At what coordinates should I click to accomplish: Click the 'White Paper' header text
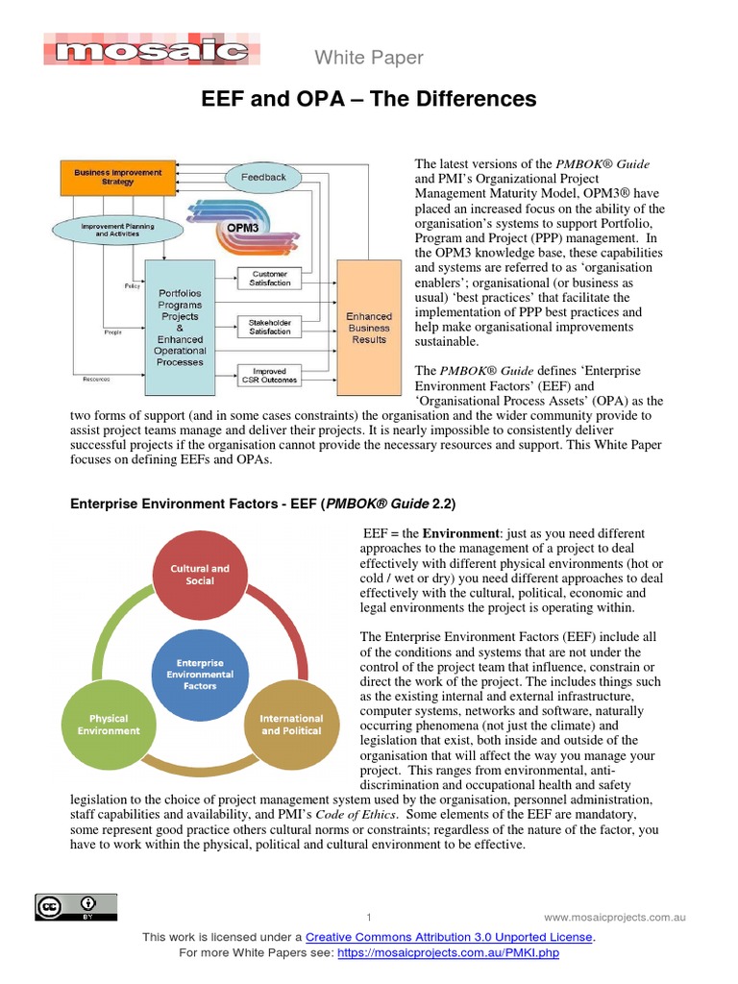click(x=369, y=59)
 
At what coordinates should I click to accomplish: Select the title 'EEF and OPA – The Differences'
click(x=368, y=100)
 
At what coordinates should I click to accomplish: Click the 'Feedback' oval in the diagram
click(x=263, y=177)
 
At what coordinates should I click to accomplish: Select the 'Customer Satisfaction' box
click(x=270, y=279)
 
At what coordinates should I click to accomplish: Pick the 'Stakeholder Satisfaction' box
click(x=270, y=327)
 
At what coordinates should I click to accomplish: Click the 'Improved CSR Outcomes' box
click(x=270, y=376)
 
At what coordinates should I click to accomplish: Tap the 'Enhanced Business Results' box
click(x=369, y=328)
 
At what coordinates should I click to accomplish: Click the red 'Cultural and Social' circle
click(x=200, y=575)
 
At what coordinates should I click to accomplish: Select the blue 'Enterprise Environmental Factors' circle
click(x=200, y=675)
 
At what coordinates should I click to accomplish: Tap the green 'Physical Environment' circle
click(x=109, y=725)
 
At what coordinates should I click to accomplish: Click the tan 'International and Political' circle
click(x=292, y=725)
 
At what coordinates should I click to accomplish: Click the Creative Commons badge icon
click(x=76, y=906)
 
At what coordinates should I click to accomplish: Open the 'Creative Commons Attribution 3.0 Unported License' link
click(x=449, y=937)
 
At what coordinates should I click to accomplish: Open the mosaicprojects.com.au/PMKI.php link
click(x=448, y=953)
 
